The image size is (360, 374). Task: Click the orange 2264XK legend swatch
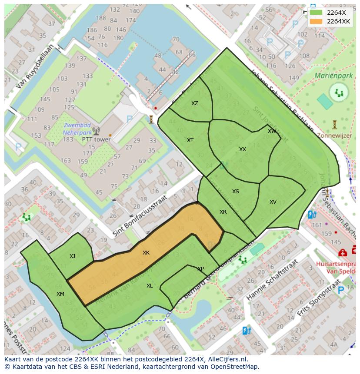click(317, 21)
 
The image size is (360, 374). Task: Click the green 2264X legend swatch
click(317, 13)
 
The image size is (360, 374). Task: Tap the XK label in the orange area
click(146, 253)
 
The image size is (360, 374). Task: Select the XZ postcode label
click(195, 103)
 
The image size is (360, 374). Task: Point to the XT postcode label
click(190, 140)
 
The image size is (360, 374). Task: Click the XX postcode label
click(243, 149)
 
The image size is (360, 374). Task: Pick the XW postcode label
click(272, 131)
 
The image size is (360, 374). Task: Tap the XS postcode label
click(235, 192)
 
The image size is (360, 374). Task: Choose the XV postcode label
click(273, 202)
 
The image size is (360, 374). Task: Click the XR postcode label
click(223, 212)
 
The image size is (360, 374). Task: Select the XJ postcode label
click(72, 256)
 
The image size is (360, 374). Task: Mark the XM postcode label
click(60, 294)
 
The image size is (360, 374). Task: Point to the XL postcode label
click(150, 286)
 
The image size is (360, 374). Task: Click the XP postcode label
click(200, 269)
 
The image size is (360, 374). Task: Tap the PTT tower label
click(96, 140)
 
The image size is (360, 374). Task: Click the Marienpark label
click(334, 75)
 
